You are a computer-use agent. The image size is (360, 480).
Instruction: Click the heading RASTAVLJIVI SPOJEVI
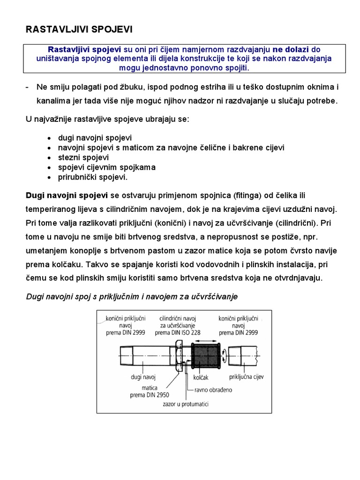coord(79,30)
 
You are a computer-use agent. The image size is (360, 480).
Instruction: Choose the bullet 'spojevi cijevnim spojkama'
coord(107,167)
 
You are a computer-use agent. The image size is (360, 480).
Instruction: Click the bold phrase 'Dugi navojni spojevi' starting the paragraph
coord(67,195)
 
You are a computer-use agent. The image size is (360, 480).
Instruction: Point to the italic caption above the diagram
coord(132,296)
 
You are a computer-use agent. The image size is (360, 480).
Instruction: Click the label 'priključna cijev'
coord(246,376)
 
